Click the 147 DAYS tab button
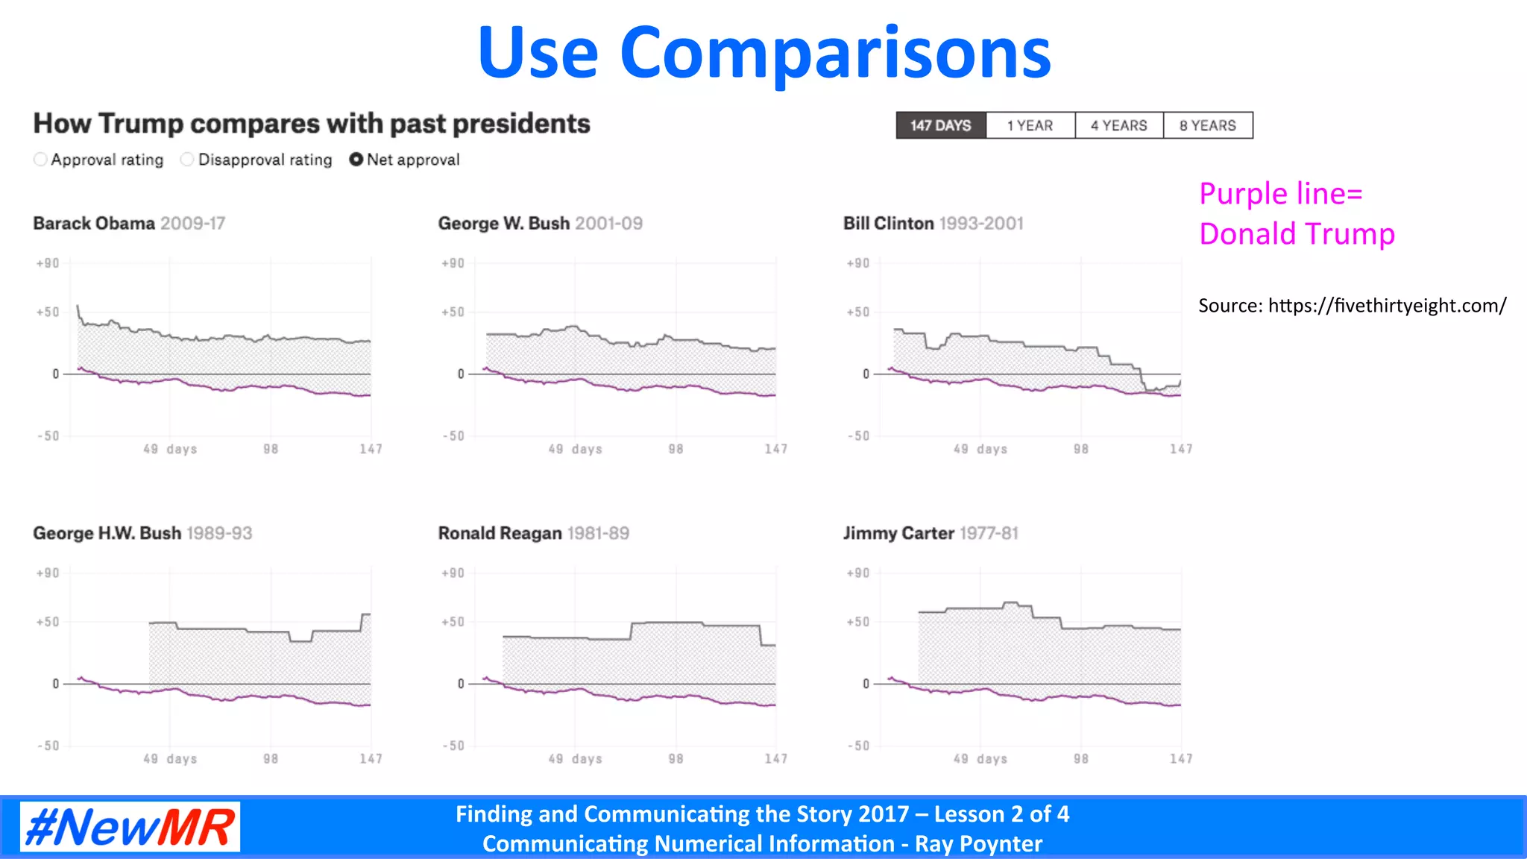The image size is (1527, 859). click(x=940, y=125)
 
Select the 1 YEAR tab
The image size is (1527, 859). click(x=1030, y=125)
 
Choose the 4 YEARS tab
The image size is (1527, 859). click(x=1118, y=125)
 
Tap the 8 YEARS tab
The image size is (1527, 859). click(x=1207, y=125)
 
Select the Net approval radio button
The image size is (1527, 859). click(x=356, y=160)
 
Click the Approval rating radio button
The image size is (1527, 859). click(x=41, y=160)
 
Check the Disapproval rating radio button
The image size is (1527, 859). click(x=187, y=160)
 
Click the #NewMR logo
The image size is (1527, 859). click(x=130, y=827)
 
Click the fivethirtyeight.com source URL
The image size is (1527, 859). click(x=1386, y=306)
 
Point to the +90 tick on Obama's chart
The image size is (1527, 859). click(x=48, y=263)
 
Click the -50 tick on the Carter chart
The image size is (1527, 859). click(x=858, y=746)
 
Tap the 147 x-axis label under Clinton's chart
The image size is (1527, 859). click(x=1180, y=449)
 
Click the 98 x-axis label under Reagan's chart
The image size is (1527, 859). click(x=676, y=758)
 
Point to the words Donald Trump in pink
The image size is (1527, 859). click(x=1297, y=234)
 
